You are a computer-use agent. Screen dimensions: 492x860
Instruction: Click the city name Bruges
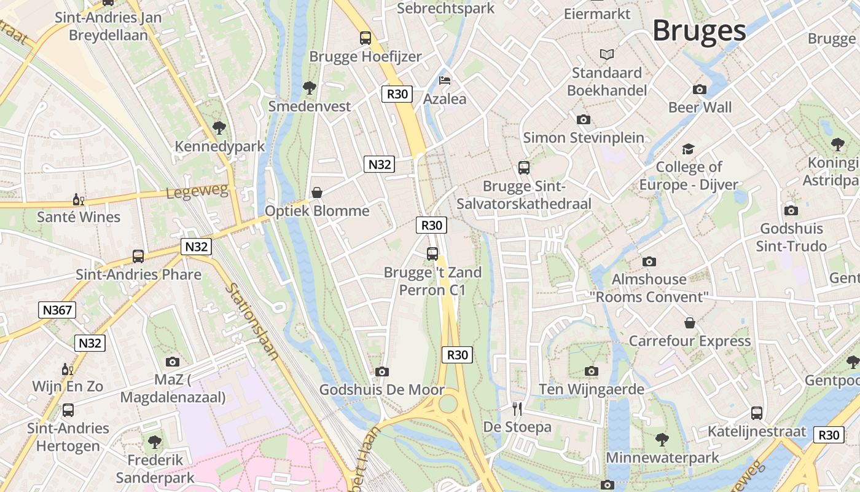point(699,31)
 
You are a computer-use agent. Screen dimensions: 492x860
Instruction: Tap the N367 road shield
point(57,310)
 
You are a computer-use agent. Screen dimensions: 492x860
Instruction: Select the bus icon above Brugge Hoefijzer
point(365,38)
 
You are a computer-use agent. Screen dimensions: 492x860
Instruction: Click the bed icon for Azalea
point(445,81)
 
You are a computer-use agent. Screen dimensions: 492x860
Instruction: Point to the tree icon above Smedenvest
point(310,88)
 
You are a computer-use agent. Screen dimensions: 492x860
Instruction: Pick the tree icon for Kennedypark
point(219,128)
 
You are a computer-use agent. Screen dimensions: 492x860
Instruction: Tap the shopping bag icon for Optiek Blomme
point(317,192)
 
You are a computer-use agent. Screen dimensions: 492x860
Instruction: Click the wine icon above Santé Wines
point(79,199)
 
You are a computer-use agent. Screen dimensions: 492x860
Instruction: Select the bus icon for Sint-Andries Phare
point(138,256)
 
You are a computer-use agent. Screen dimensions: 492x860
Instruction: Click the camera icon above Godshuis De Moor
point(382,371)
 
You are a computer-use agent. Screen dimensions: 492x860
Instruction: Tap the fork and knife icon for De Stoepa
point(517,408)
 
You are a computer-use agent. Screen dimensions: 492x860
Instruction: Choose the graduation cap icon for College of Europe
point(688,149)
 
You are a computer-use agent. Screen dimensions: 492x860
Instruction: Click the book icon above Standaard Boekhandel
point(607,55)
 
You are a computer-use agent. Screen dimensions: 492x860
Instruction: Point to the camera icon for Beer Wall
point(700,89)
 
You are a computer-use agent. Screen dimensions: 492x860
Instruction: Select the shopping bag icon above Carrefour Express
point(690,323)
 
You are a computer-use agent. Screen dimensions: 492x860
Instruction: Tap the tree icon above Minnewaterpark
point(662,439)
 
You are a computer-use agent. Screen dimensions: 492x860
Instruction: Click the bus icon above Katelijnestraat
point(757,413)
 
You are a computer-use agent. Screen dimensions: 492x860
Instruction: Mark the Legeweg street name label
point(197,191)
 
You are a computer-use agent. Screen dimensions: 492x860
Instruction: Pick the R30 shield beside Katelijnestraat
point(829,435)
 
